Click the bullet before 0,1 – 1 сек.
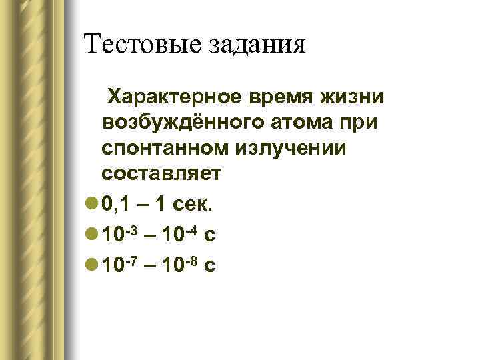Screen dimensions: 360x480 pos(92,205)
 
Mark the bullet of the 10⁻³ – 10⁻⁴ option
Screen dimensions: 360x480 pos(92,235)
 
